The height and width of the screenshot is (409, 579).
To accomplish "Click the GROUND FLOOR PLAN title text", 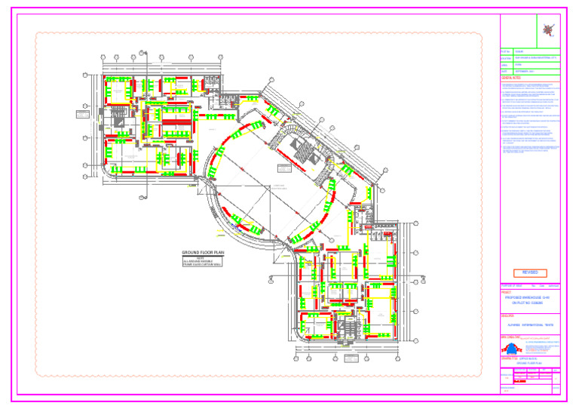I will (x=204, y=252).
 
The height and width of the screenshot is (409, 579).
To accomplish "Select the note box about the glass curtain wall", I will (x=204, y=261).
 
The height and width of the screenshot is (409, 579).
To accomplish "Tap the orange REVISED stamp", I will (x=526, y=272).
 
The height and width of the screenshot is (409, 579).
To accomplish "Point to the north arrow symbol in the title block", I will (x=549, y=29).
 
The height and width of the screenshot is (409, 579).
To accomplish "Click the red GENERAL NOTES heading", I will (x=512, y=78).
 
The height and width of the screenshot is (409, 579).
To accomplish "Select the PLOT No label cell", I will (x=506, y=51).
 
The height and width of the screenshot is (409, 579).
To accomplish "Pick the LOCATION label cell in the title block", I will (x=506, y=58).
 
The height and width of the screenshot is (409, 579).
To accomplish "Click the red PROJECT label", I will (x=506, y=292).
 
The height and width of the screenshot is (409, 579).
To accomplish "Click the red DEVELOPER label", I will (x=507, y=316).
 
